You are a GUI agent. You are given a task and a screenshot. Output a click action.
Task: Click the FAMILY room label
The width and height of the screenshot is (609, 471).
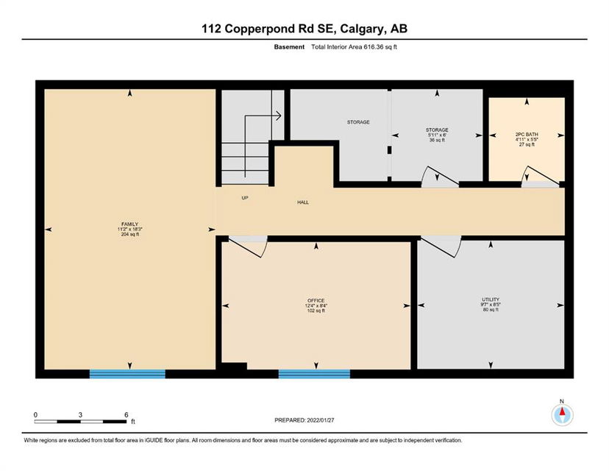(x=129, y=224)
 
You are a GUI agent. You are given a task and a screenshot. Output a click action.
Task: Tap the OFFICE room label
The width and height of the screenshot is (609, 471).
(x=316, y=300)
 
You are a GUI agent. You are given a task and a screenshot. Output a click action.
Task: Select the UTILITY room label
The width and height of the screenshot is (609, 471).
(x=491, y=300)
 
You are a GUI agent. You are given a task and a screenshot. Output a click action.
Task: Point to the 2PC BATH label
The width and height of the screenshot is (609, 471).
(x=527, y=135)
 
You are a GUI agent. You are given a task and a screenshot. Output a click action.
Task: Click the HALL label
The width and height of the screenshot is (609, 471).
(x=303, y=202)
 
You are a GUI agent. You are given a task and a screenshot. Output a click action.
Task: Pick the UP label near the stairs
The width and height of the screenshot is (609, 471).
(x=245, y=198)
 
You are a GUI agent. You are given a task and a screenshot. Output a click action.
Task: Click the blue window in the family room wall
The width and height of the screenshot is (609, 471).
(x=127, y=374)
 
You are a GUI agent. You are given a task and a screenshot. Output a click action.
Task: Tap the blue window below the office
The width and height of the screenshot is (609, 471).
(x=314, y=374)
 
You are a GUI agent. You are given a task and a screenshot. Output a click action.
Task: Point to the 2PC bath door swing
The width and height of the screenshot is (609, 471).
(x=541, y=175)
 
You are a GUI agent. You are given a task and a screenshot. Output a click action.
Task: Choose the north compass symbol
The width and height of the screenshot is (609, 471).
(x=562, y=414)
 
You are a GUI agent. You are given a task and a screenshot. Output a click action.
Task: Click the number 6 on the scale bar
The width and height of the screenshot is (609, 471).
(x=127, y=414)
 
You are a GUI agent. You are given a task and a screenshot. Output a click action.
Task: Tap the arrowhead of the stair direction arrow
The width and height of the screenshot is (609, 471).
(x=279, y=116)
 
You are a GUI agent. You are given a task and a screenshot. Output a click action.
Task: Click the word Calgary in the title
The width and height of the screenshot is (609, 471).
(x=363, y=29)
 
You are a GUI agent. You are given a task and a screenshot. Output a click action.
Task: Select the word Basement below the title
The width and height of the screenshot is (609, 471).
(x=289, y=47)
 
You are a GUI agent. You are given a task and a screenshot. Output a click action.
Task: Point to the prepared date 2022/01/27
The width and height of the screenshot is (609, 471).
(x=321, y=420)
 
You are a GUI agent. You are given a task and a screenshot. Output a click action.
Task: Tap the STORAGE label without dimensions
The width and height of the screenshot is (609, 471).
(x=358, y=122)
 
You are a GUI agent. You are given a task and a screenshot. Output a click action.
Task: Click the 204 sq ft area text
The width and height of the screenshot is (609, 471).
(x=129, y=234)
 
